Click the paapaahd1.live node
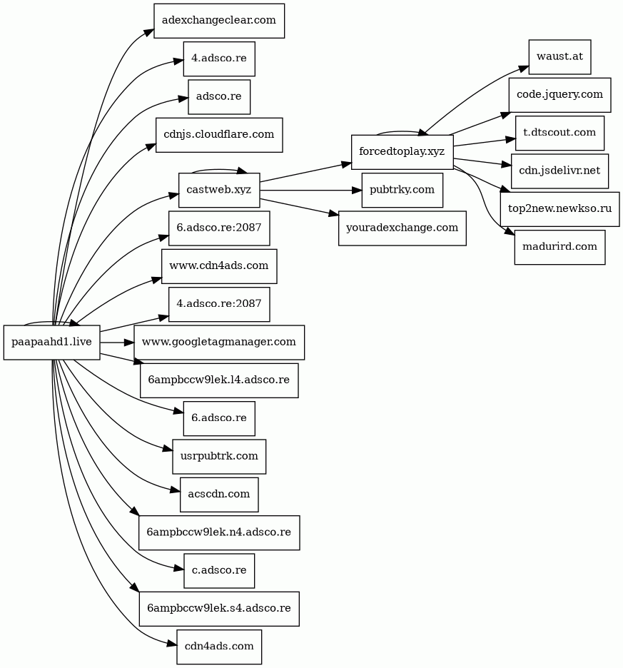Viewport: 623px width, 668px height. [x=51, y=342]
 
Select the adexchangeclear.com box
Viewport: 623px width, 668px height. [x=219, y=21]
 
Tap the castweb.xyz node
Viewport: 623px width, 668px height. [x=219, y=190]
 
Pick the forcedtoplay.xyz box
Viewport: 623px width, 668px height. [x=402, y=152]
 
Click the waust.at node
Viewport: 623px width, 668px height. [x=559, y=56]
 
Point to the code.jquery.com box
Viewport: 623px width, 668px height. [x=559, y=95]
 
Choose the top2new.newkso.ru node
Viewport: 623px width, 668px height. [x=559, y=209]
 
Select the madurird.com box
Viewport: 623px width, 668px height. [x=559, y=247]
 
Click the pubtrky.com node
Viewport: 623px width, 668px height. [x=402, y=190]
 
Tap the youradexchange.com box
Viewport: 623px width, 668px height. [x=402, y=228]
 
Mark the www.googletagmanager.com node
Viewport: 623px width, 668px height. [x=219, y=342]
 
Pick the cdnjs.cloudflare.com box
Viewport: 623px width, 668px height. [x=219, y=135]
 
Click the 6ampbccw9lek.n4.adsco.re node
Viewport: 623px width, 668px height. [x=219, y=532]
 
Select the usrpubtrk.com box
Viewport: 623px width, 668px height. [x=219, y=456]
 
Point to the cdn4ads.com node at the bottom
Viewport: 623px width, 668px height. [x=219, y=647]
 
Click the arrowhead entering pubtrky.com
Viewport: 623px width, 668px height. [x=357, y=190]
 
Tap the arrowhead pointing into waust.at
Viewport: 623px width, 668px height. [x=524, y=69]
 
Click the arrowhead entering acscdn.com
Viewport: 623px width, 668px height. [x=175, y=490]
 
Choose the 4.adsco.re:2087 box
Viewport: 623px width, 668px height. [x=219, y=304]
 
